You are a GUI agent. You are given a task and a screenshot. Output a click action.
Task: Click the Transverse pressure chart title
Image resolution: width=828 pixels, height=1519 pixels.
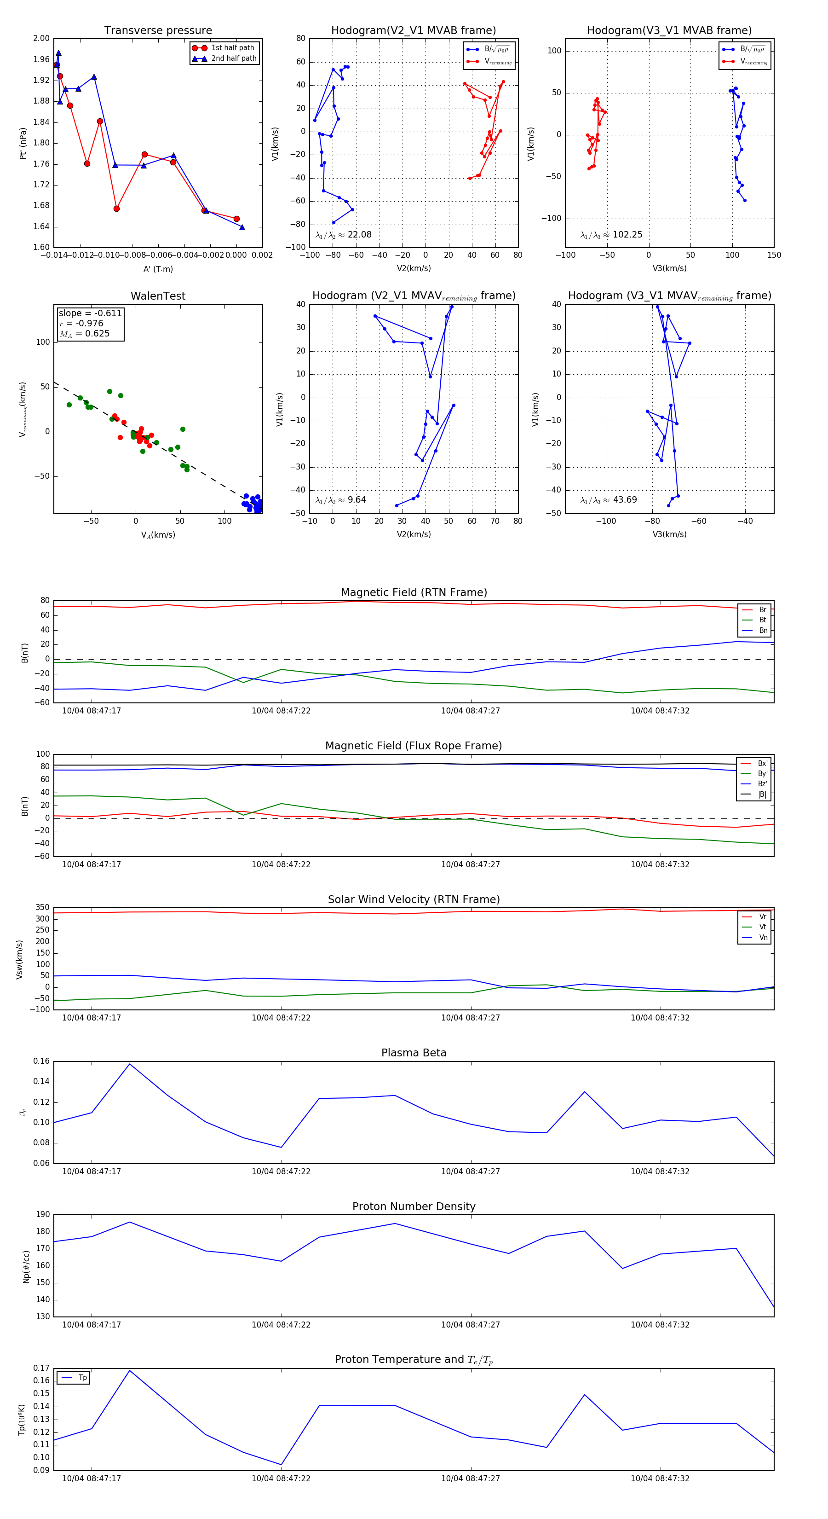click(158, 31)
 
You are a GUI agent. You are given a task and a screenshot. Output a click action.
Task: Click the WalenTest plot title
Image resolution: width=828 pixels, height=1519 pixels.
click(158, 296)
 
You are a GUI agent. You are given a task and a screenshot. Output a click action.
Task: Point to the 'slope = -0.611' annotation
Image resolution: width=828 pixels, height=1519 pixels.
click(90, 313)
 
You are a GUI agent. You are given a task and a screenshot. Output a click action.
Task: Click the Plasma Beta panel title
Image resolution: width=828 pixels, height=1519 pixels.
click(414, 1053)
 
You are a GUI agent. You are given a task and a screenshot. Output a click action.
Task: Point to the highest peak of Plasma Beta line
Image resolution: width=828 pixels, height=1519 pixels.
click(130, 1064)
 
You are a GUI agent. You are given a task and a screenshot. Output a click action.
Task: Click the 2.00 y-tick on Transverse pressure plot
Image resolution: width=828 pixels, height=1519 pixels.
click(41, 38)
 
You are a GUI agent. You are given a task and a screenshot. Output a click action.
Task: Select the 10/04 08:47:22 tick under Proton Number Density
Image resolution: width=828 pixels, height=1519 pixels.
click(281, 1324)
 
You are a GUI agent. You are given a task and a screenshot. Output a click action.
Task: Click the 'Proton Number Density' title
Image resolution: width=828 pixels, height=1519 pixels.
click(414, 1206)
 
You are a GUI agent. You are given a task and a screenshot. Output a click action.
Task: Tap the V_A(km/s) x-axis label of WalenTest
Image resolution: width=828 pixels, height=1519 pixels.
click(158, 535)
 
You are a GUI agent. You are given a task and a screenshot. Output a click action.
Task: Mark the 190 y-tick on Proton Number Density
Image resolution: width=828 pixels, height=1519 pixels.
click(43, 1214)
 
